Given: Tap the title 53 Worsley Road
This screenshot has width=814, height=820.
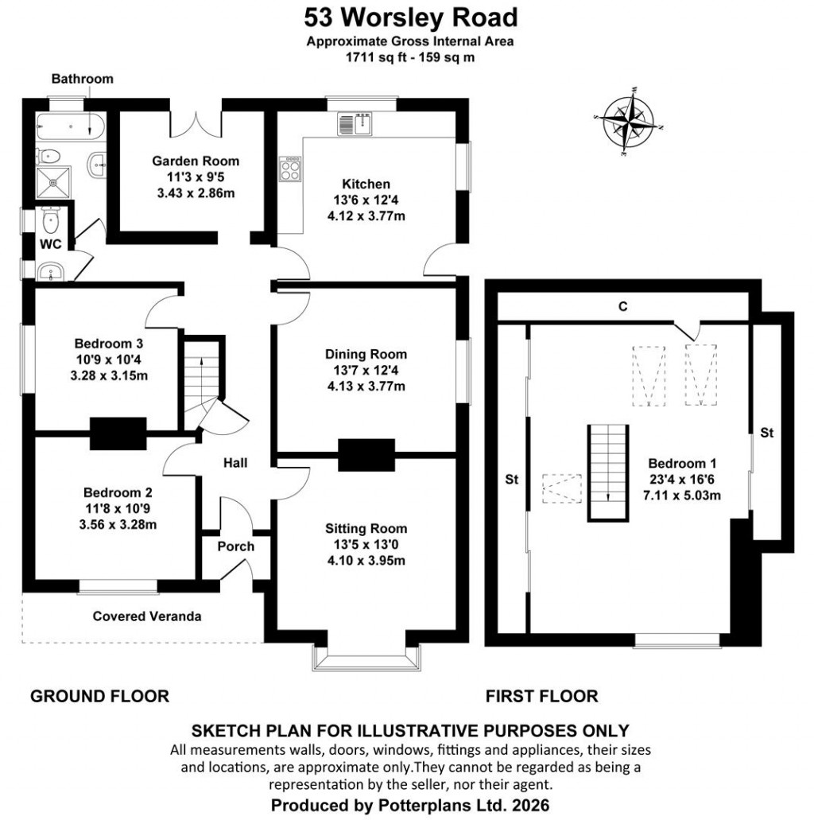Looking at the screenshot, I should pyautogui.click(x=411, y=17).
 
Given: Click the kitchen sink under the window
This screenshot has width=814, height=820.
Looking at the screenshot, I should pyautogui.click(x=355, y=124).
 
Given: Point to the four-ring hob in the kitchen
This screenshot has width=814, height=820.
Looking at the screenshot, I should pyautogui.click(x=289, y=168).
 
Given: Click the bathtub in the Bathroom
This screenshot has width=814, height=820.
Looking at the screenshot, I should pyautogui.click(x=71, y=126).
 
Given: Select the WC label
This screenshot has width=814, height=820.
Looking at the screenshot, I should pyautogui.click(x=52, y=242).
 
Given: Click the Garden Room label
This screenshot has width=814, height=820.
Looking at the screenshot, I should pyautogui.click(x=196, y=161).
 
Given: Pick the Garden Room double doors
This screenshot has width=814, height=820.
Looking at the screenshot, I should pyautogui.click(x=196, y=119).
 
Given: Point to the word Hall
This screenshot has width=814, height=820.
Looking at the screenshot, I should pyautogui.click(x=235, y=462).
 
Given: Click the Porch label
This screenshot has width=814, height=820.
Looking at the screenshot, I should pyautogui.click(x=235, y=546).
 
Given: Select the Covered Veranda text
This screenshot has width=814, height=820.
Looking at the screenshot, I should pyautogui.click(x=147, y=616).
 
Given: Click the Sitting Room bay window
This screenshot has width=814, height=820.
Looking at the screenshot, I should pyautogui.click(x=366, y=657).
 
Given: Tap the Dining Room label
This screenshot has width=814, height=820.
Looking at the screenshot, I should pyautogui.click(x=366, y=355).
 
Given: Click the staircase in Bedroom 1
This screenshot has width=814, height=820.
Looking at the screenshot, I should pyautogui.click(x=608, y=472).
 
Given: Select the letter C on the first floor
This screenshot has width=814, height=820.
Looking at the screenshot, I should pyautogui.click(x=623, y=306).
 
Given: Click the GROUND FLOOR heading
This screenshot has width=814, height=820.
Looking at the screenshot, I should pyautogui.click(x=99, y=697).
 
